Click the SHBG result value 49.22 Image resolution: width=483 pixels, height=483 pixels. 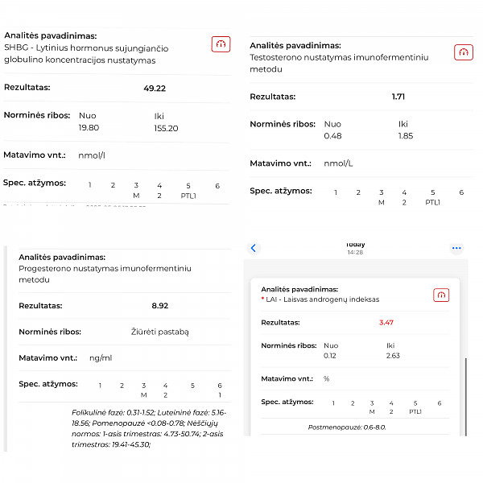[154, 89]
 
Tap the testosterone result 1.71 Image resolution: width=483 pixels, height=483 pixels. [398, 97]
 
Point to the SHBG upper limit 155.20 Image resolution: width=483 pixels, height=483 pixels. [166, 128]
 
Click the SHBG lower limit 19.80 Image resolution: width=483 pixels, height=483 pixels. [88, 128]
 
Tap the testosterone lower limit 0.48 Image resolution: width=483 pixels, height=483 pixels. [332, 136]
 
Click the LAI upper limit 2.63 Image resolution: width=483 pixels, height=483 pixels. [393, 355]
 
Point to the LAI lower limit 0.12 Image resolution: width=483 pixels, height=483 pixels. [330, 355]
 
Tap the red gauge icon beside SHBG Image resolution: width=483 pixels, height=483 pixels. [220, 44]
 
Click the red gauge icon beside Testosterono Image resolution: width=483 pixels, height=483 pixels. [463, 52]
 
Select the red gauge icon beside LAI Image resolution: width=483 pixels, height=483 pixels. [441, 295]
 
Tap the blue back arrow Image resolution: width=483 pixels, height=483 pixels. [254, 248]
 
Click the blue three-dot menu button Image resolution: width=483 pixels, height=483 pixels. [456, 248]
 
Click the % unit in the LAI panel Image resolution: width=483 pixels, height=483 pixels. [326, 378]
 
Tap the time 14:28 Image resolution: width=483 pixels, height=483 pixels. [355, 252]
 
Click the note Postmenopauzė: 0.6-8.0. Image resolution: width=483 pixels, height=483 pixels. [347, 427]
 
